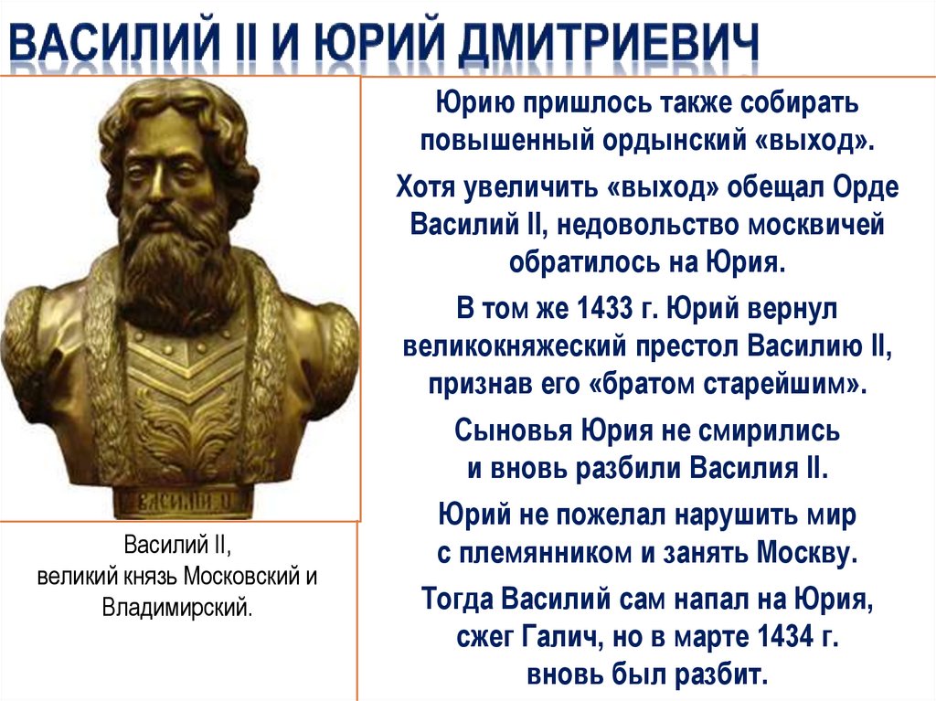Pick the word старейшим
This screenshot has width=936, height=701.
pos(790,384)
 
